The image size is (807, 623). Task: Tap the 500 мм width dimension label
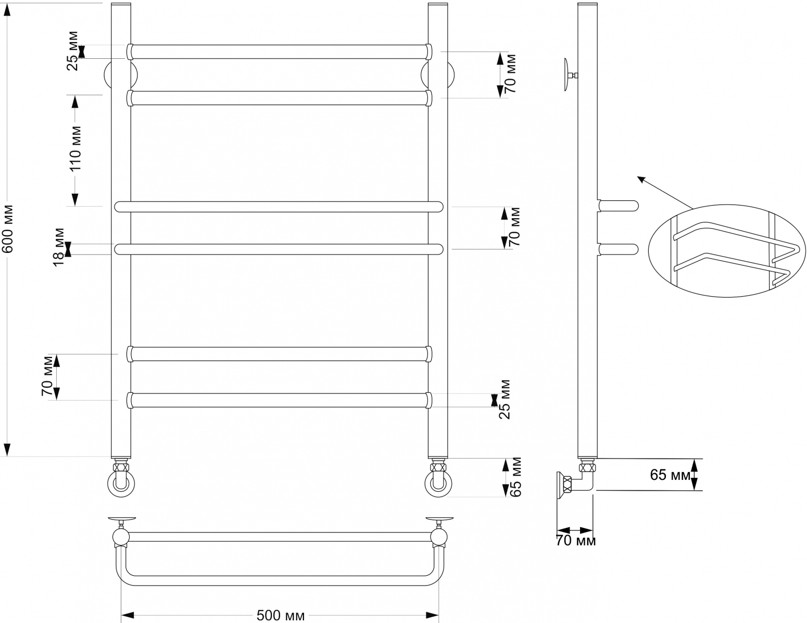point(281,616)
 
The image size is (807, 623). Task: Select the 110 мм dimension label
point(75,148)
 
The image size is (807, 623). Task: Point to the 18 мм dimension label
point(59,247)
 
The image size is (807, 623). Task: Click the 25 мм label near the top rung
point(72,51)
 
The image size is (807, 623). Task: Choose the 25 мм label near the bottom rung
point(505,400)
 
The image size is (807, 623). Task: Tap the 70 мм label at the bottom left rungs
point(47,376)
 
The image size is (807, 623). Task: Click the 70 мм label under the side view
point(576,541)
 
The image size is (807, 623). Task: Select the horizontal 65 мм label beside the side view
point(671,475)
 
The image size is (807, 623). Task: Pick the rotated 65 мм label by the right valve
point(515,477)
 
